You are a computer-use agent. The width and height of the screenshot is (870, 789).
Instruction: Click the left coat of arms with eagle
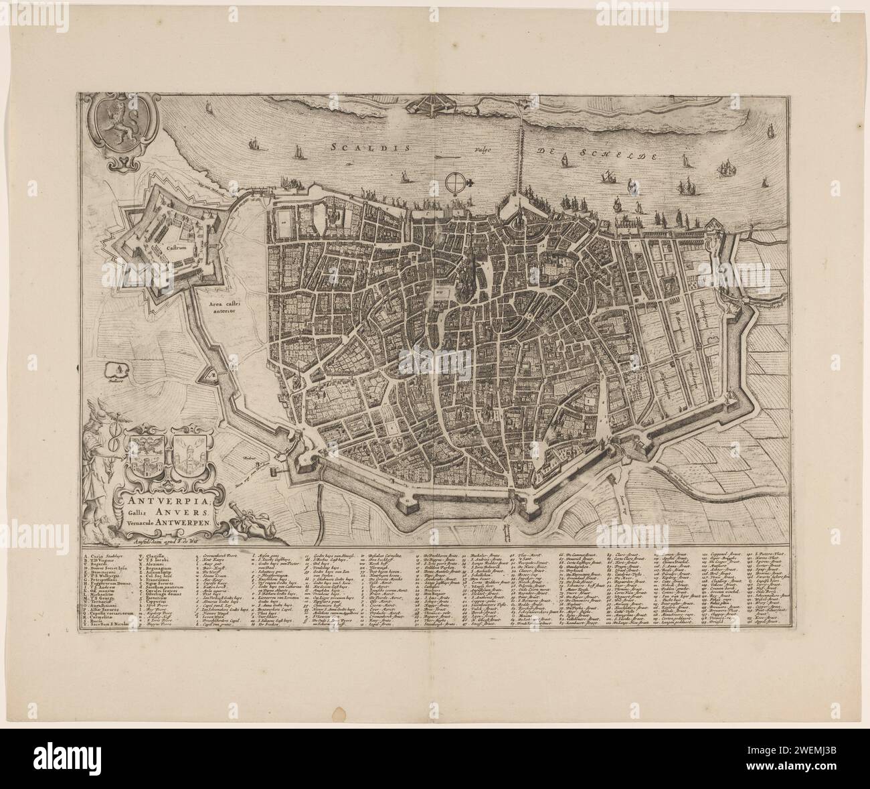pyautogui.click(x=145, y=457)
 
